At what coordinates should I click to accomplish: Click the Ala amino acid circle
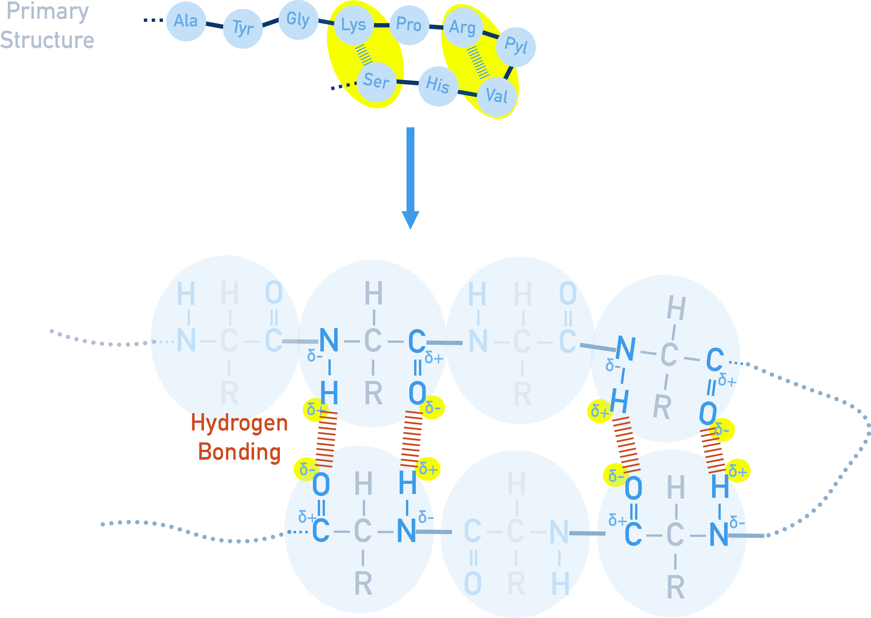click(x=186, y=21)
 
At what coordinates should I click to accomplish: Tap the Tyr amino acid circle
click(x=243, y=28)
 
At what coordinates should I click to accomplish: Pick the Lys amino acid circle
click(x=354, y=25)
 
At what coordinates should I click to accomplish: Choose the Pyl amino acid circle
click(x=516, y=47)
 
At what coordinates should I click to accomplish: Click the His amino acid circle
click(x=438, y=86)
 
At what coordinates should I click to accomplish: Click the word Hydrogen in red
click(x=239, y=423)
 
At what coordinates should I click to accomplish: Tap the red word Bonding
click(x=239, y=452)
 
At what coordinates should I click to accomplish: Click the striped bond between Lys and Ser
click(x=364, y=54)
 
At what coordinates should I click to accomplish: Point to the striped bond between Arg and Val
click(x=478, y=62)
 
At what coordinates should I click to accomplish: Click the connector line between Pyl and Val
click(x=508, y=72)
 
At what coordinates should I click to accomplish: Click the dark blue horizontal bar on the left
click(x=100, y=338)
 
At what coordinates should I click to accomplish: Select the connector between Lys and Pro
click(x=381, y=25)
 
